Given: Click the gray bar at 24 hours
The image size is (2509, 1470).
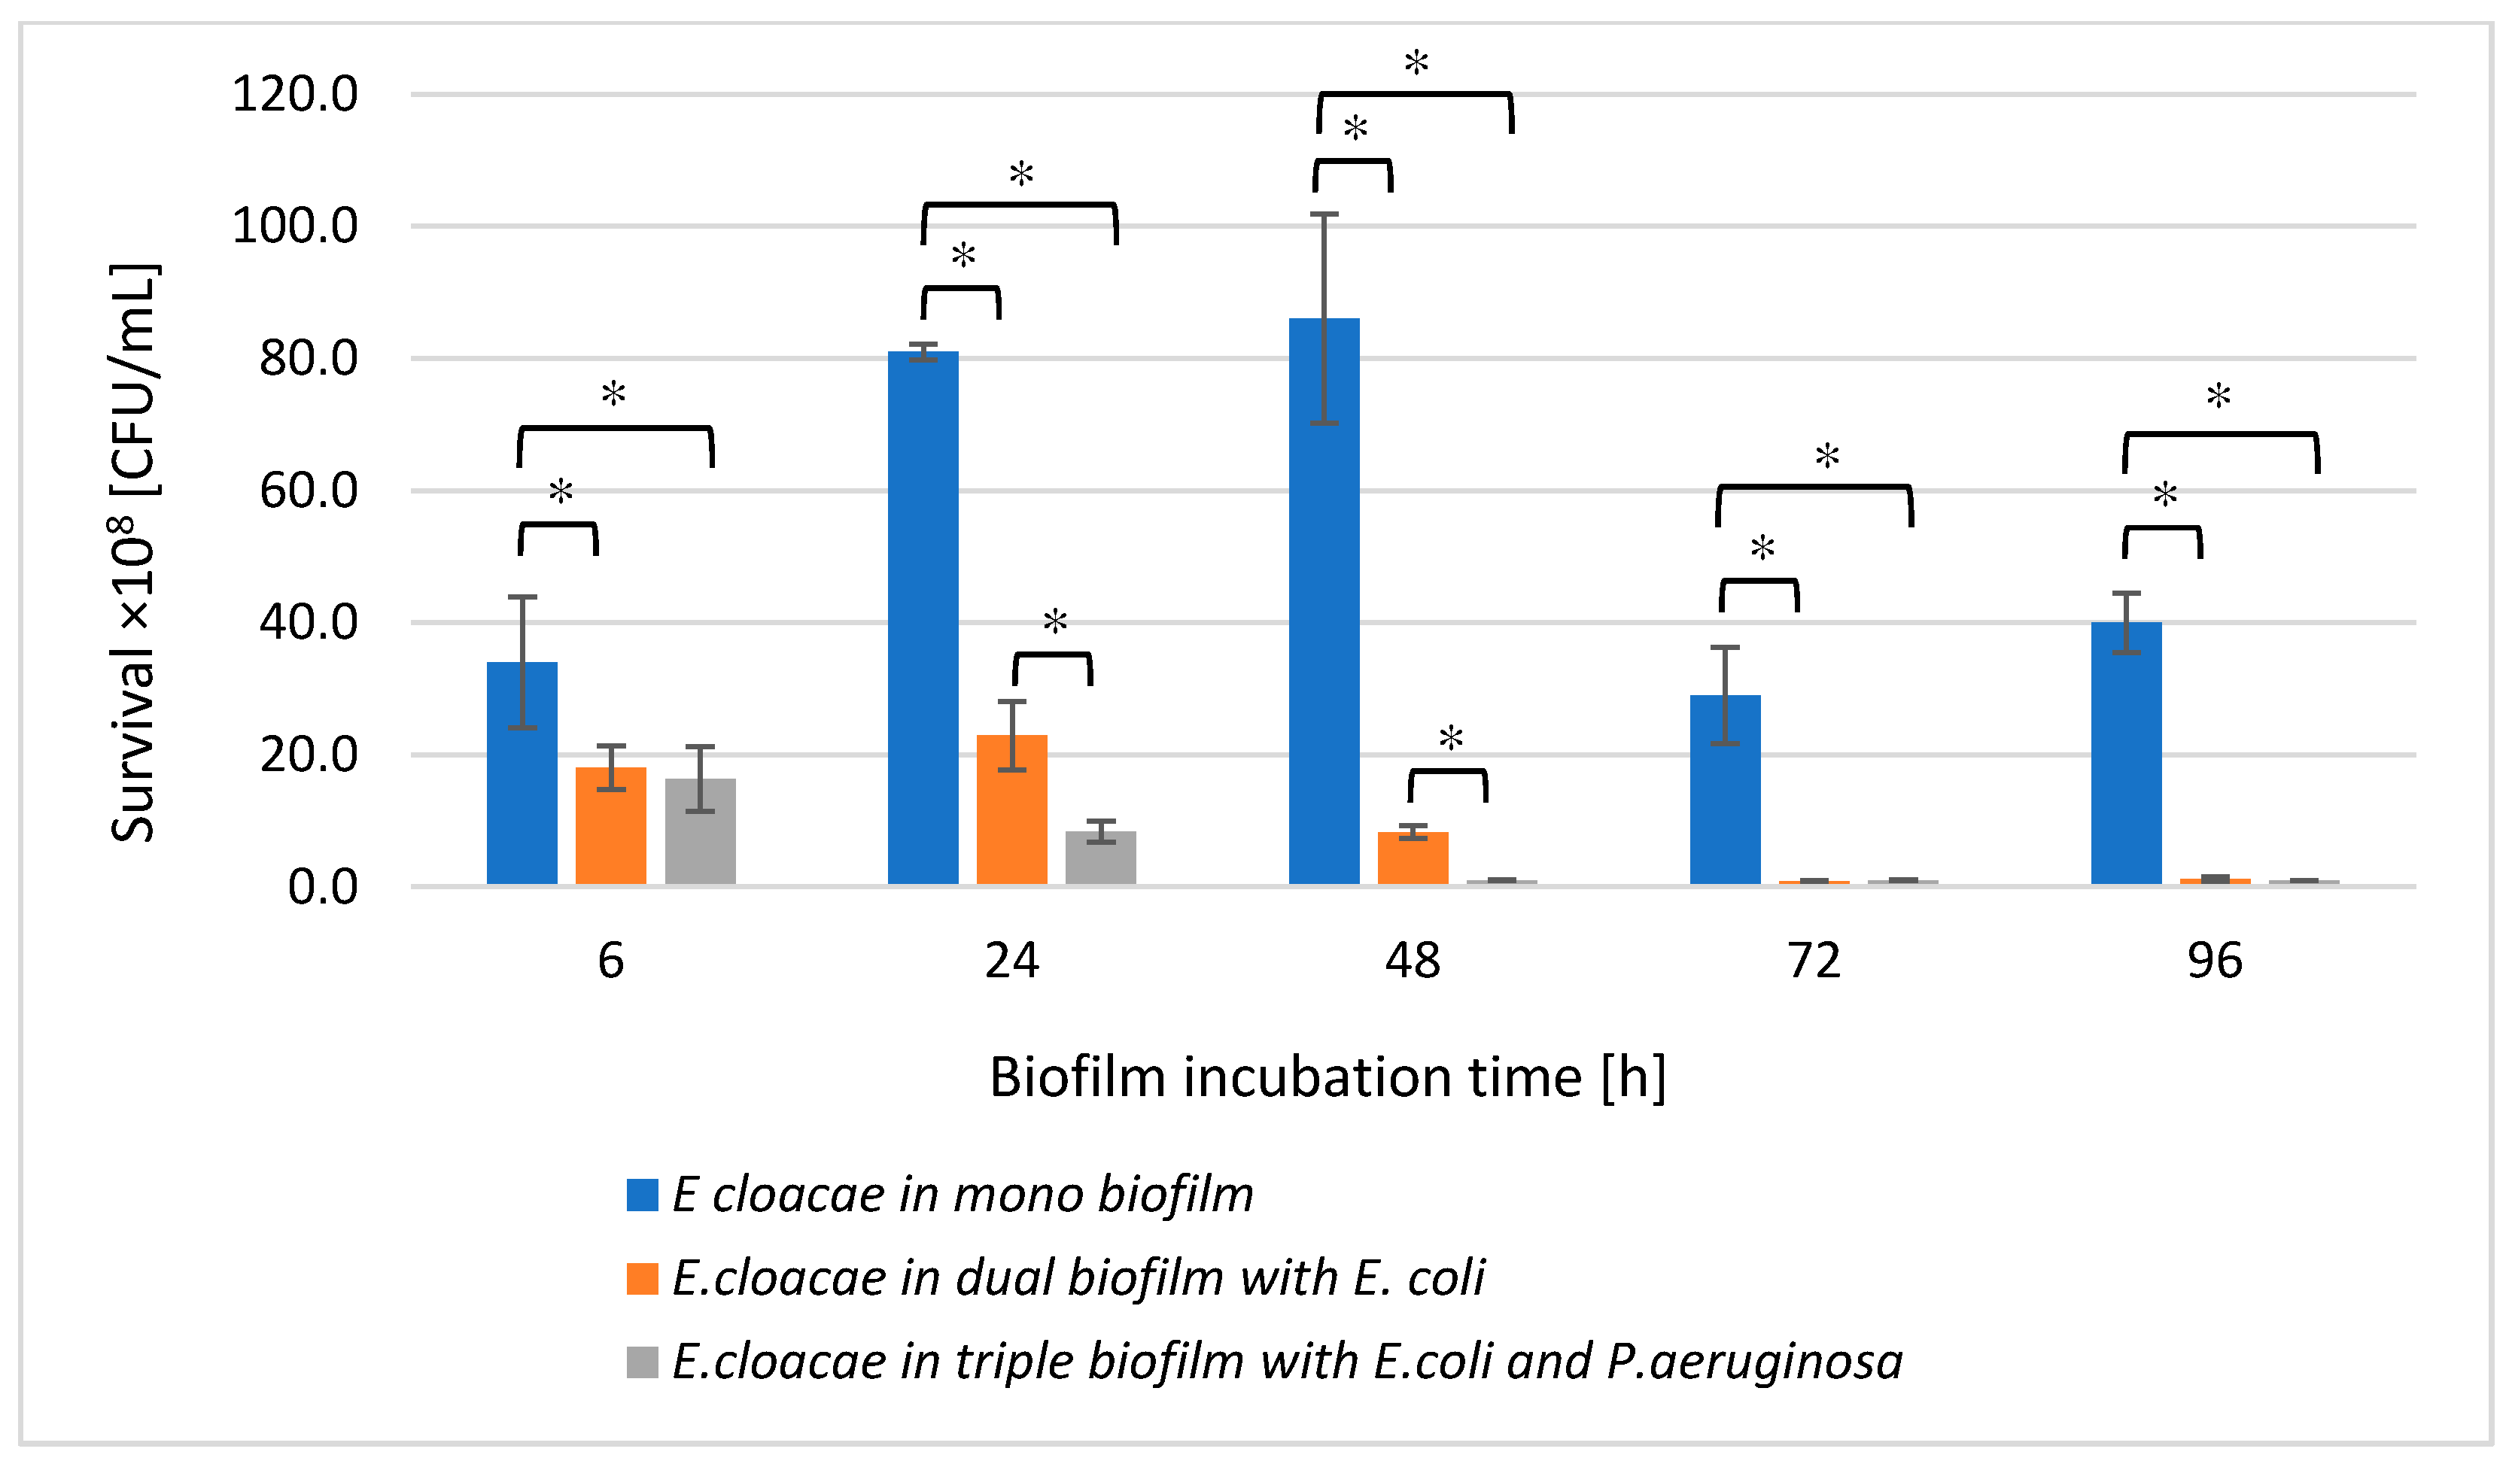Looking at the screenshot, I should coord(1100,857).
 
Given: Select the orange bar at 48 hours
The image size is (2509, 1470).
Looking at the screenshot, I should coord(1412,857).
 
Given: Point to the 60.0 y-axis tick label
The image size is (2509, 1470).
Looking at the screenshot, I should coord(308,492).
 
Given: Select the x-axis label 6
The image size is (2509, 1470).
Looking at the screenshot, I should coord(610,961).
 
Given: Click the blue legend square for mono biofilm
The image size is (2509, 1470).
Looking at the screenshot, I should coord(642,1195).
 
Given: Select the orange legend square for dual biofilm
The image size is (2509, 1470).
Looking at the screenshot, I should coord(642,1279).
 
